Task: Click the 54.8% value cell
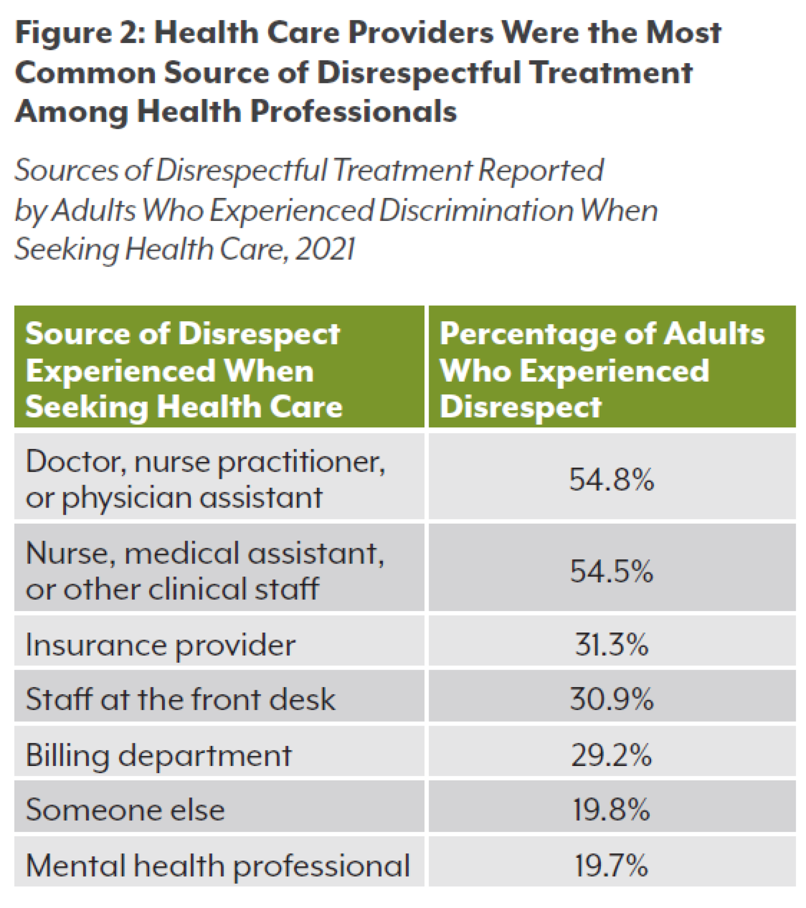[x=611, y=480]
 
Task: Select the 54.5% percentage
[x=611, y=572]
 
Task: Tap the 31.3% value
[x=611, y=645]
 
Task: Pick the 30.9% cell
[x=611, y=699]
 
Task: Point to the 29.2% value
[x=611, y=755]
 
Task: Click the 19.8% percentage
[x=611, y=810]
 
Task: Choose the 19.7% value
[x=611, y=865]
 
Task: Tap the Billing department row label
[x=159, y=756]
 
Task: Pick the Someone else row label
[x=125, y=810]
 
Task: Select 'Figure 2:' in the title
[x=81, y=34]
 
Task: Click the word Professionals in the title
[x=353, y=112]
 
